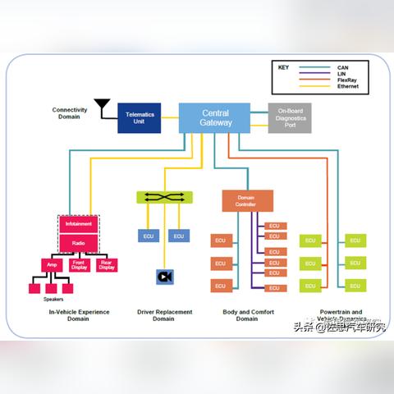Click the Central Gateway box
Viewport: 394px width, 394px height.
click(215, 117)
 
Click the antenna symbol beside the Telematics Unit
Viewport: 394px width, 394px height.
click(102, 107)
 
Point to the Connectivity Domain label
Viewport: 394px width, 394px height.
click(70, 112)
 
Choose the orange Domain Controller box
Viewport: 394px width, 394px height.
click(247, 200)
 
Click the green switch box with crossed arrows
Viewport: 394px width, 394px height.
click(164, 197)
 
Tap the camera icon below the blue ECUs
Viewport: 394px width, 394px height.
click(165, 277)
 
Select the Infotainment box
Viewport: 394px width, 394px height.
click(80, 222)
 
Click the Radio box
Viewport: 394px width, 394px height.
click(80, 242)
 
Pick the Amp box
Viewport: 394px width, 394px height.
click(52, 265)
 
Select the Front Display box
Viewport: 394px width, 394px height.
click(79, 265)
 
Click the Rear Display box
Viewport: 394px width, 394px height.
click(107, 265)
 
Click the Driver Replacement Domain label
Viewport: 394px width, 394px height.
click(165, 315)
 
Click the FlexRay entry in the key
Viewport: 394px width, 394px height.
click(346, 79)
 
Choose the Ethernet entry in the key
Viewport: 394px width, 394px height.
click(347, 85)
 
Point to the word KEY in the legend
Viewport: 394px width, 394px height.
click(283, 66)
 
